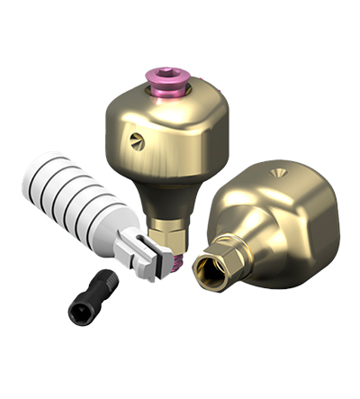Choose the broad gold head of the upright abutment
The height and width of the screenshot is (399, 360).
(171, 126)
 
